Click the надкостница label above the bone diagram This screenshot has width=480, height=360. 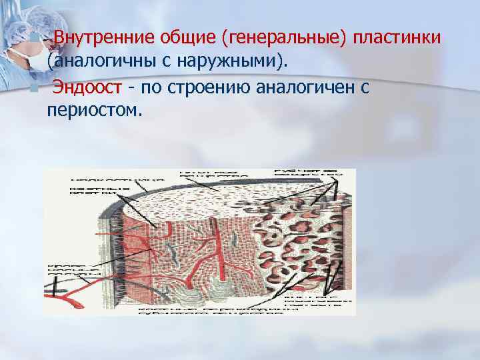[x=117, y=179]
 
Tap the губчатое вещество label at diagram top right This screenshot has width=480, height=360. [x=307, y=175]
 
